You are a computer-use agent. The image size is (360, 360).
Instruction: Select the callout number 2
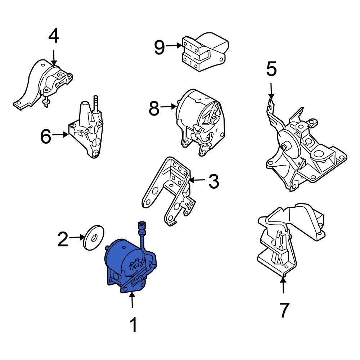pyautogui.click(x=63, y=239)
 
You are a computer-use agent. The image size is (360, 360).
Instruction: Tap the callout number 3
pyautogui.click(x=213, y=182)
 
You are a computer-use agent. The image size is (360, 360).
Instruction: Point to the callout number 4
pyautogui.click(x=54, y=36)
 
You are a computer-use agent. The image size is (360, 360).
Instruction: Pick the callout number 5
pyautogui.click(x=271, y=69)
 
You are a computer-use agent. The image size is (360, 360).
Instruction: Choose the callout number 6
pyautogui.click(x=46, y=137)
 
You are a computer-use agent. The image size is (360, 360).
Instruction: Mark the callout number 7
pyautogui.click(x=284, y=310)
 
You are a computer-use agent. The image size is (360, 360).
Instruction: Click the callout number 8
pyautogui.click(x=154, y=109)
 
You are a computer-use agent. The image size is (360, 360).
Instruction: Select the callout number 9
pyautogui.click(x=159, y=48)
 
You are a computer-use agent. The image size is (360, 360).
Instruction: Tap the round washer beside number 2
pyautogui.click(x=94, y=237)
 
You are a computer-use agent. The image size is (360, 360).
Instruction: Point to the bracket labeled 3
pyautogui.click(x=169, y=191)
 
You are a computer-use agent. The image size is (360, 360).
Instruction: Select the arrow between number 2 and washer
pyautogui.click(x=76, y=237)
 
